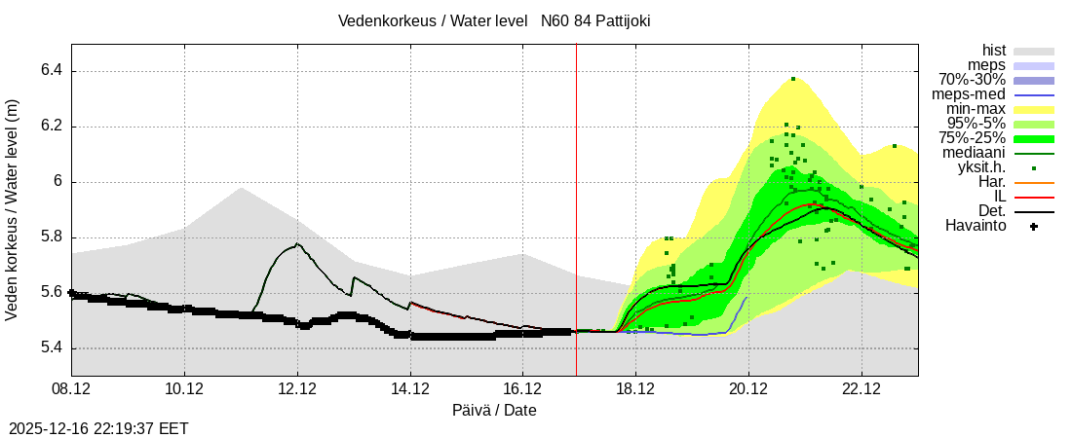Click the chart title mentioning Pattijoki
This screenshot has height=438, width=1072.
494,20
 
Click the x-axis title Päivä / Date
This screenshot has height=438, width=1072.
494,411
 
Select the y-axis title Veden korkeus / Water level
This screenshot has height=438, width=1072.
13,209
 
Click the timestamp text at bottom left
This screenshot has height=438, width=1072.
98,428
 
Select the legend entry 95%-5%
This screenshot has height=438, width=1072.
976,124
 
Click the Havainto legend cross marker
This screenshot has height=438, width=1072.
1034,227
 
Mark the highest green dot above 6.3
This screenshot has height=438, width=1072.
793,79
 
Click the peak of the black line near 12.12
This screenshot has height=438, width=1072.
297,243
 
